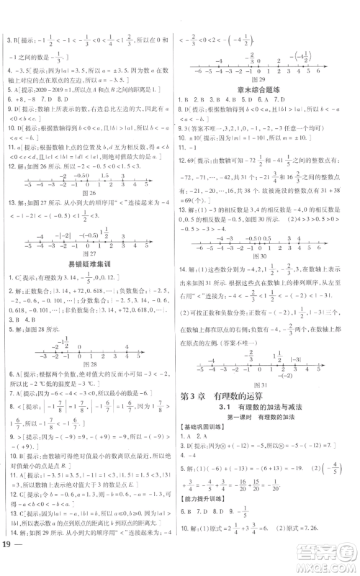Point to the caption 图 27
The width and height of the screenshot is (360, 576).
tap(91, 252)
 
